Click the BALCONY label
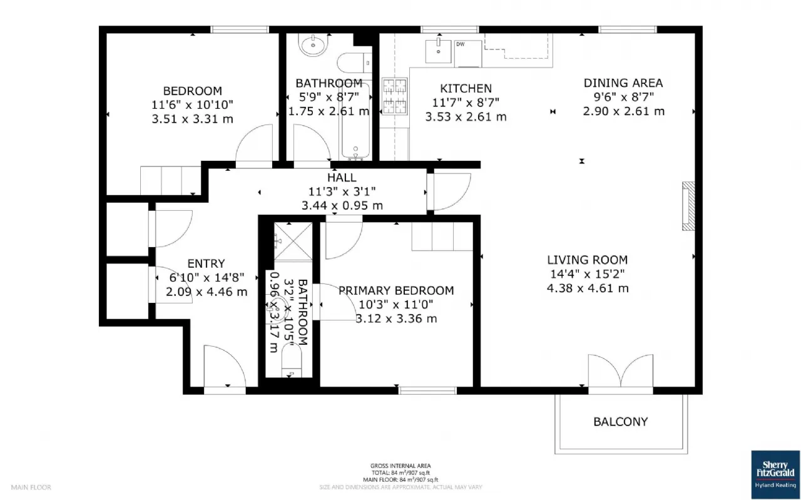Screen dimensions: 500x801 [620, 422]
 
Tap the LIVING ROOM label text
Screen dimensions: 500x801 [587, 260]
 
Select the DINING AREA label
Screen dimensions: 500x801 [623, 83]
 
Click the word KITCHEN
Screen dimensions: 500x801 [466, 88]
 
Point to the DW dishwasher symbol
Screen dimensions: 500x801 [461, 44]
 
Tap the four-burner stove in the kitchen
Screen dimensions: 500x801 [394, 96]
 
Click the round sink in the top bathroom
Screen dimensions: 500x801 [311, 45]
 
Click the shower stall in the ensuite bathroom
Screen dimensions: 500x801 [293, 242]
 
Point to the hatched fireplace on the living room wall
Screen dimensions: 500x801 [688, 207]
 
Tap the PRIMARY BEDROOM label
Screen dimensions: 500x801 [396, 290]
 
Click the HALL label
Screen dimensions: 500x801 [341, 178]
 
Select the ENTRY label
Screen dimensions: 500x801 [206, 263]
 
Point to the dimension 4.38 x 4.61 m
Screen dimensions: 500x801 [588, 288]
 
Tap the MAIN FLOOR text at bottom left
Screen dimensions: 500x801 [31, 487]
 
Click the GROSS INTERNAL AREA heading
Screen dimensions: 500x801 [400, 466]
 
